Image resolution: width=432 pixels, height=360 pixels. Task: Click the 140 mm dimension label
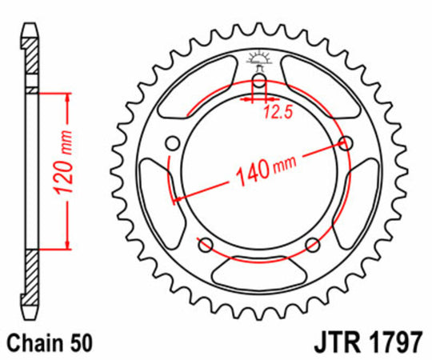[x=263, y=166]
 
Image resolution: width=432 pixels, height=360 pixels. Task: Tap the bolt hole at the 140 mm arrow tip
[x=346, y=143]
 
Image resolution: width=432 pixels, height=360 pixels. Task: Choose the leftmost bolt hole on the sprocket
[x=170, y=143]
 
